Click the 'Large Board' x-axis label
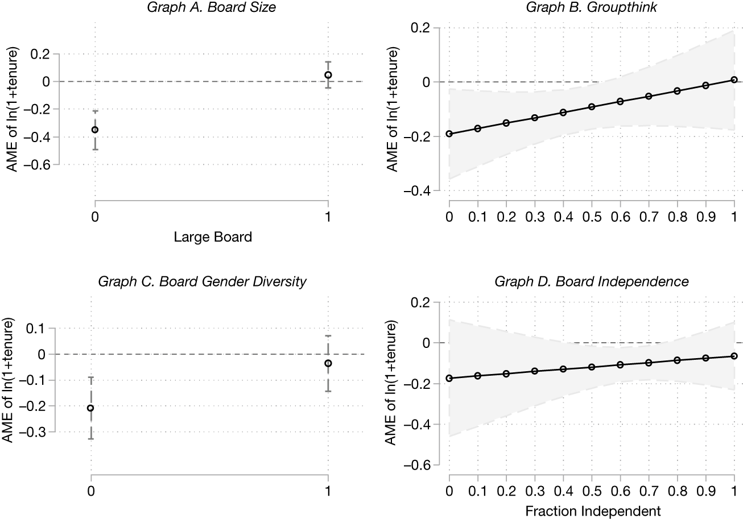[x=212, y=238]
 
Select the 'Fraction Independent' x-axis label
[x=592, y=510]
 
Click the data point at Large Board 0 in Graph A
[x=95, y=130]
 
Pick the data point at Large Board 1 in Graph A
[x=328, y=75]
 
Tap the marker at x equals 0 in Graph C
[x=90, y=408]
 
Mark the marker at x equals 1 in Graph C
[x=328, y=363]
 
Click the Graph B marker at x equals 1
[x=734, y=80]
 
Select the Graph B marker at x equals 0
[x=449, y=134]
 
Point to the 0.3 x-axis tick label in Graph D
[x=535, y=491]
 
